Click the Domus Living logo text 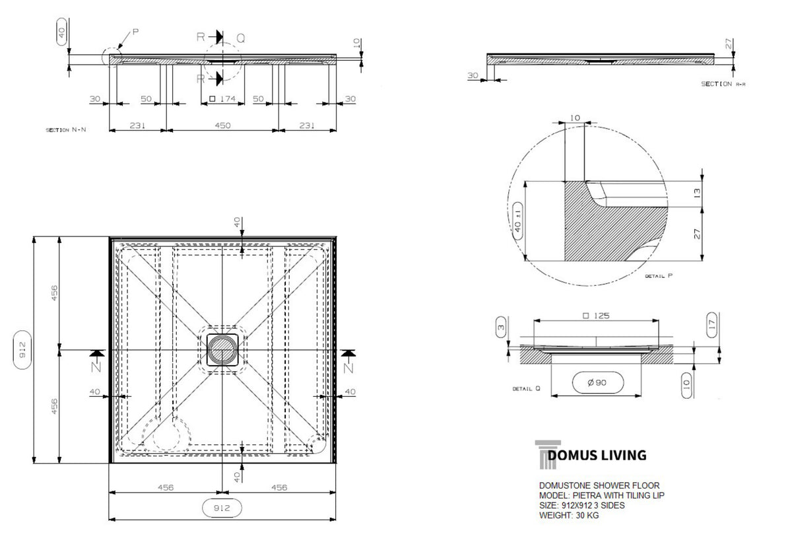point(597,455)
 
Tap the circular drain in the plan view point(222,350)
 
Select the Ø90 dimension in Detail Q point(597,382)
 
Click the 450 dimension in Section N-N point(223,125)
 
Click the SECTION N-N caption point(66,130)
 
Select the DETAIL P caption point(659,276)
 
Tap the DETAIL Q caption point(527,388)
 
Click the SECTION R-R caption point(723,84)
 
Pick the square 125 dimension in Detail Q point(596,316)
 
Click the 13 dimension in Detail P point(697,193)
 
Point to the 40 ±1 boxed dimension point(517,221)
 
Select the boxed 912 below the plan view point(222,508)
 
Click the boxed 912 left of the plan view point(22,350)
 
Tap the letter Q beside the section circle point(240,38)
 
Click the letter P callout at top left point(135,32)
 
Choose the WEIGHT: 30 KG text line point(569,516)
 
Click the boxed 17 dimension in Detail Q point(712,325)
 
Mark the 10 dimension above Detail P point(576,118)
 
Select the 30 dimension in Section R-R point(473,75)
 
